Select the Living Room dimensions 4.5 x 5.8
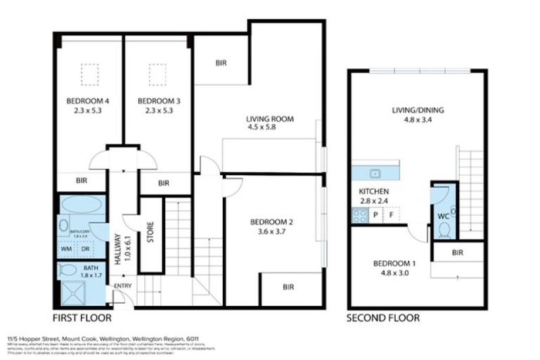269,129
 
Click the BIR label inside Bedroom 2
288,287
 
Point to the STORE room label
150,233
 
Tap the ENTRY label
122,285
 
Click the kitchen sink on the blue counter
375,172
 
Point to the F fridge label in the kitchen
391,215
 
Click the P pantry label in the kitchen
376,215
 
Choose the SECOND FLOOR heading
383,318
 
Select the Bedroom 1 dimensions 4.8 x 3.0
394,274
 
